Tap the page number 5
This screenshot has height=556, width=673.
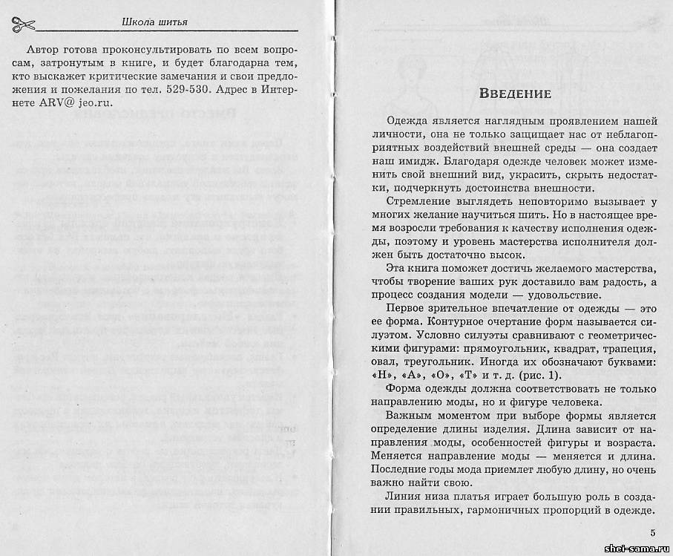point(652,532)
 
